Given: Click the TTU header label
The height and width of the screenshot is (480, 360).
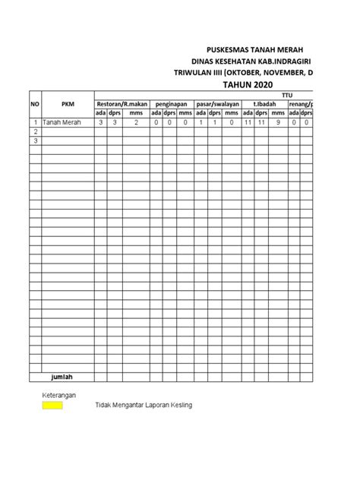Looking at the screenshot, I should click(286, 95).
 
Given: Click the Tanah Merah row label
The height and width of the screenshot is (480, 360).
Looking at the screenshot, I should click(61, 122).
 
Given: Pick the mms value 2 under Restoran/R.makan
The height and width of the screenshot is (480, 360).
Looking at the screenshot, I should click(137, 122).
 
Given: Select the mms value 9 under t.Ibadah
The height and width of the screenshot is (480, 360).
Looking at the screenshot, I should click(277, 122).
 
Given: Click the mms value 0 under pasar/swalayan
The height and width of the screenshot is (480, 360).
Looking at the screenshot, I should click(231, 122).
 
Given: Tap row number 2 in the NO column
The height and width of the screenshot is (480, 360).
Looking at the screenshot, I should click(34, 131).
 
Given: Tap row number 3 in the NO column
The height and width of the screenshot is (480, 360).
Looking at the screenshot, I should click(34, 140).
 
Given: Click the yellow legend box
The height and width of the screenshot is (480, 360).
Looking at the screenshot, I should click(52, 406).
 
